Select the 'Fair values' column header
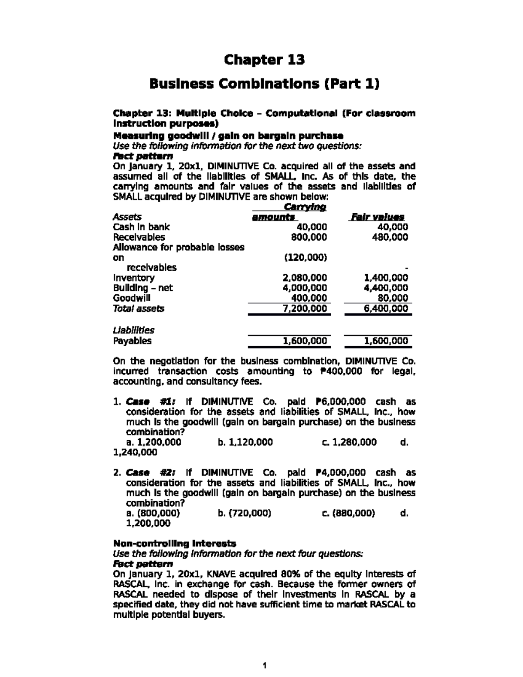pos(378,217)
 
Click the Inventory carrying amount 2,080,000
pos(305,278)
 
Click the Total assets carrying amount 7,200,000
pos(305,309)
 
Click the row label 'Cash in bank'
pos(141,227)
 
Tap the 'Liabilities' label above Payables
pos(133,330)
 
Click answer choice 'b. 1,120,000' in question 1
pos(245,442)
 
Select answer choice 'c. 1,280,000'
pos(349,442)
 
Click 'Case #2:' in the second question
pos(151,473)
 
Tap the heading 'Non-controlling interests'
pos(174,543)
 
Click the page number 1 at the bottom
pos(265,665)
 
